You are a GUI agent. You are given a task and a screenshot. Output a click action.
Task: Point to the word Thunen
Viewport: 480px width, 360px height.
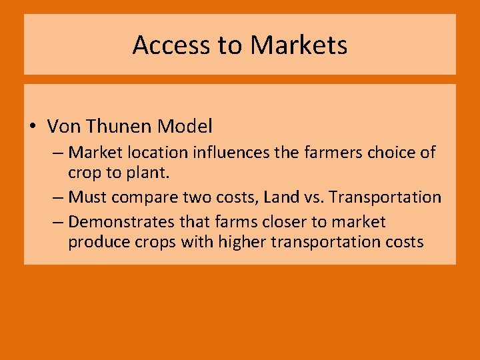119,126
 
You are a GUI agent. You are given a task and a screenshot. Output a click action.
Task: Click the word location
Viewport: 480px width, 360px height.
162,153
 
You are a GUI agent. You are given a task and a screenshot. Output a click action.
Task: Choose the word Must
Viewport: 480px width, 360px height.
87,197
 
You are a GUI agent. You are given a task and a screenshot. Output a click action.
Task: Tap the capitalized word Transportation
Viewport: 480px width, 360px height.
386,197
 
